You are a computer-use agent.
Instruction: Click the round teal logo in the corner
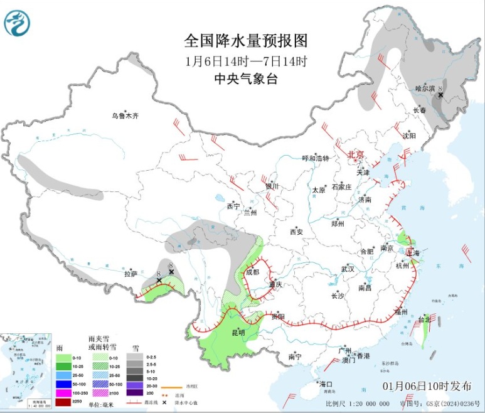[17, 23]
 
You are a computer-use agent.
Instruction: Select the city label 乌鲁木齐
[124, 115]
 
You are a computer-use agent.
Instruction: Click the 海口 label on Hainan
[325, 383]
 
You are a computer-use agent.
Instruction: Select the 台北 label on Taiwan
[425, 319]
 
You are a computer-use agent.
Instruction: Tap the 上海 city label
[413, 253]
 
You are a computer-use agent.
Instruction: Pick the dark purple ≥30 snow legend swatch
[134, 393]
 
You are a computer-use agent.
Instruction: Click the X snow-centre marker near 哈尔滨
[440, 95]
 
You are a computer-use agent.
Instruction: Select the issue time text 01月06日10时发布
[426, 385]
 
